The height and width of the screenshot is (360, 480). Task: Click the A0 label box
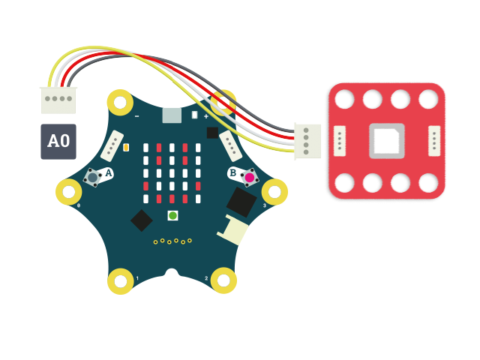58,141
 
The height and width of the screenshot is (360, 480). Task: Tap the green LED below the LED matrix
172,216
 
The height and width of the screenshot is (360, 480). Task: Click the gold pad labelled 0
69,191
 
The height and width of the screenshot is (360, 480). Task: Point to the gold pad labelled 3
274,191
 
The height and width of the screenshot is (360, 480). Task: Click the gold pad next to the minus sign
120,101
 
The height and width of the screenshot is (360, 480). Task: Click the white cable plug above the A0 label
58,99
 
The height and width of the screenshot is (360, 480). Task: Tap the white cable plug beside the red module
306,140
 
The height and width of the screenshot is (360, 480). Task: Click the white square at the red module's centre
387,141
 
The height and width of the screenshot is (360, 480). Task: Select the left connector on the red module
340,141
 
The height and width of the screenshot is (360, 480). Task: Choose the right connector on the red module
434,141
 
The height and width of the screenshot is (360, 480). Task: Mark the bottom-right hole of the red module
429,182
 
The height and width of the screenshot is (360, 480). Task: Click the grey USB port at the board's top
172,115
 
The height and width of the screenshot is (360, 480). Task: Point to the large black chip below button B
241,202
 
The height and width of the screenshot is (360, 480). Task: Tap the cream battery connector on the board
233,230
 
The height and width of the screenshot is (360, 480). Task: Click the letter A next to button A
109,173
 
